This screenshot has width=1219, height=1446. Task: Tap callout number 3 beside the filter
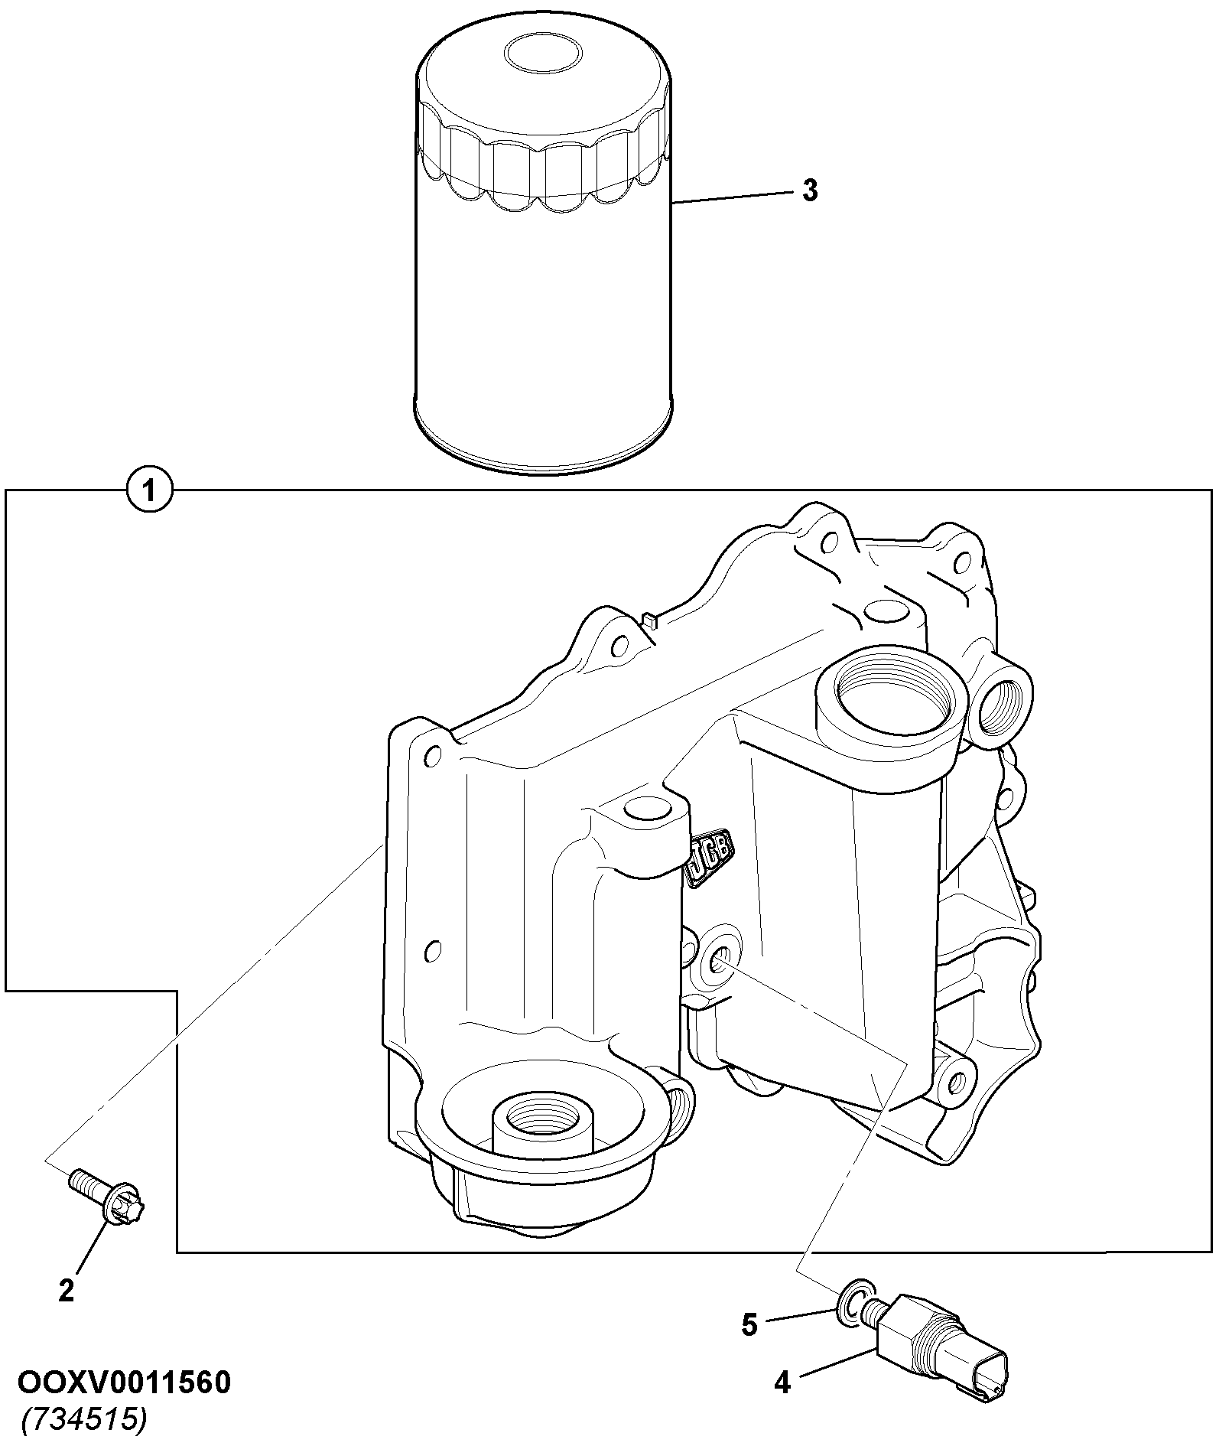(810, 190)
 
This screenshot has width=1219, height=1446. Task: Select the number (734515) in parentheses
(83, 1420)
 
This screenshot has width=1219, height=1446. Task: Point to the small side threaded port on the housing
(1003, 702)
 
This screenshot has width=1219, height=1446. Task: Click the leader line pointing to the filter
(733, 197)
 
